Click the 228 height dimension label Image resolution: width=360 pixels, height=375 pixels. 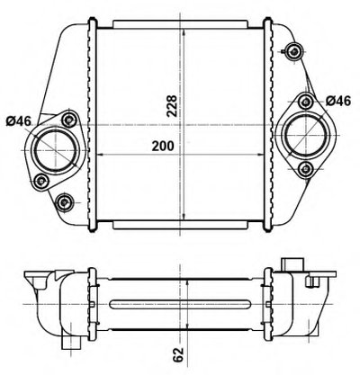click(172, 106)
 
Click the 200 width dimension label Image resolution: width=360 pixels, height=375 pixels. click(163, 146)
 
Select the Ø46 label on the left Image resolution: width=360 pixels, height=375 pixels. click(18, 121)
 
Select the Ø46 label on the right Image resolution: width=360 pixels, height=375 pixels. click(337, 101)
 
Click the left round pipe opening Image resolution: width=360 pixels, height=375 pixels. click(56, 149)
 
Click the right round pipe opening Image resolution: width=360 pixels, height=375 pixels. click(306, 135)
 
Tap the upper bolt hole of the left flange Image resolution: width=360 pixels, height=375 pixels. click(69, 121)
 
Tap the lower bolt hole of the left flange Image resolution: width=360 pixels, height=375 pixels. click(41, 181)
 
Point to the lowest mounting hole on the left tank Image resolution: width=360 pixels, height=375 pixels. click(64, 202)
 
